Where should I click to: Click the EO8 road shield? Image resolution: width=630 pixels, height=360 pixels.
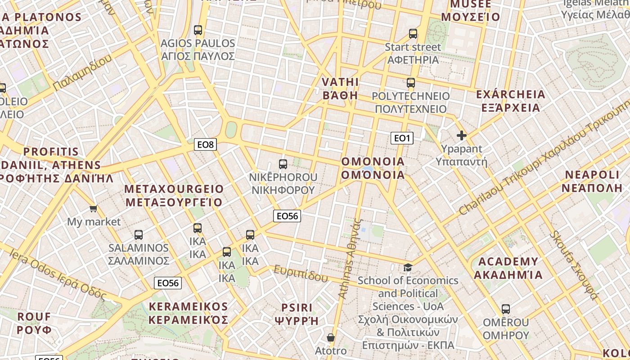click(206, 144)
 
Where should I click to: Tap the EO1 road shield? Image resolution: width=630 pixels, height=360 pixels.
click(401, 138)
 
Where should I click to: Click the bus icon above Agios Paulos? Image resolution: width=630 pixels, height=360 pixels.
click(198, 30)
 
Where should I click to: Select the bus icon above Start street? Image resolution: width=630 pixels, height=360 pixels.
click(413, 34)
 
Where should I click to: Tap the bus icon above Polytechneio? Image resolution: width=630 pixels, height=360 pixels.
click(411, 83)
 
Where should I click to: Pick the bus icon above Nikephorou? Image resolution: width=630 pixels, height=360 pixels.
click(283, 164)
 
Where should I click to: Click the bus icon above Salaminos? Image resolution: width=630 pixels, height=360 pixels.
click(139, 234)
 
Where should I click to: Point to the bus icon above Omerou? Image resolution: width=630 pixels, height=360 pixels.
click(506, 309)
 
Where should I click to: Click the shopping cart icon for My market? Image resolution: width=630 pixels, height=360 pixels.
click(94, 208)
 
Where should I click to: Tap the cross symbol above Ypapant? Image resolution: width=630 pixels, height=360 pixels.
click(461, 135)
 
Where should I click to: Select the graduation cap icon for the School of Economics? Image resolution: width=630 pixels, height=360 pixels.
click(408, 267)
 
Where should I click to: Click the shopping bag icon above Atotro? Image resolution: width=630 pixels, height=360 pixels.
click(331, 337)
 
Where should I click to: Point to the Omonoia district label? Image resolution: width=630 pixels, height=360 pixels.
click(373, 168)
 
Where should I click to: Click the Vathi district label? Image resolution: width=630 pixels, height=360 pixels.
click(341, 89)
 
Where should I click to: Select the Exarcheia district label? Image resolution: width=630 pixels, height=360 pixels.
click(510, 101)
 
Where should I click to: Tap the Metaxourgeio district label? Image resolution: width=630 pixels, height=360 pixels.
click(174, 195)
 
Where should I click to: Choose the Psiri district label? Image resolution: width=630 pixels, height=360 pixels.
click(296, 314)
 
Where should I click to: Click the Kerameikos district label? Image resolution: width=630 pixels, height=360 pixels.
click(188, 313)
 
